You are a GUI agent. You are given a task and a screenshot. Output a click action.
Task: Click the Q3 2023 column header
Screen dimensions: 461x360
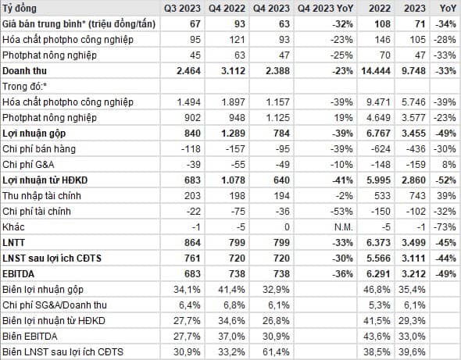point(182,9)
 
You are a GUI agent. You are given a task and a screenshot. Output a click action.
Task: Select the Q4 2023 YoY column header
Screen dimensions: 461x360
point(325,9)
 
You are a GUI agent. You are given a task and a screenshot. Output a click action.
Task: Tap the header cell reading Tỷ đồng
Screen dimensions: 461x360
point(20,9)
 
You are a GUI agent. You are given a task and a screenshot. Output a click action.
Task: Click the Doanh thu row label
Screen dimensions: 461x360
point(24,71)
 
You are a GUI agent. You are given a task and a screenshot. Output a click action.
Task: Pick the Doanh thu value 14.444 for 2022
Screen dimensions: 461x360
point(376,71)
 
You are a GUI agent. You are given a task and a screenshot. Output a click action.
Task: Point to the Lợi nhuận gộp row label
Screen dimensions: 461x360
point(34,134)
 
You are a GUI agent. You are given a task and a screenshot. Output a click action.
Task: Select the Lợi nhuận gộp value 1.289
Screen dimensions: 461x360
point(233,134)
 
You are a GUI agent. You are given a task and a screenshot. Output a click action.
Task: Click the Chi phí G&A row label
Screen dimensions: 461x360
point(28,165)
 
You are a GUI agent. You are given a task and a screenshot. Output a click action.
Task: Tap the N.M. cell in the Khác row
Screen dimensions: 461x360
point(343,227)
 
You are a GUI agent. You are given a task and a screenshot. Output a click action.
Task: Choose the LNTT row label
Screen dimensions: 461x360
point(13,243)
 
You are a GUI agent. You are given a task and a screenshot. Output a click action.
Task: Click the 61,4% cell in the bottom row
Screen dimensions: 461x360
point(276,351)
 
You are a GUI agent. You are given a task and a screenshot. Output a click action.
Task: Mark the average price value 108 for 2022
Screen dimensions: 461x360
point(382,24)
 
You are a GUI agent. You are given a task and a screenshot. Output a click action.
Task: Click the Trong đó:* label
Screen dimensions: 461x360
point(25,87)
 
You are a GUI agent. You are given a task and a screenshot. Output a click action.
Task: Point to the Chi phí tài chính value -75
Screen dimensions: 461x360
point(235,212)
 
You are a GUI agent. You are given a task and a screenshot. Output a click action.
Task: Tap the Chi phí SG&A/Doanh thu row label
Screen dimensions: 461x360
point(55,305)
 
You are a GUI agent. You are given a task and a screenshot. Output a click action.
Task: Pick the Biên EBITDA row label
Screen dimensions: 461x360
point(30,337)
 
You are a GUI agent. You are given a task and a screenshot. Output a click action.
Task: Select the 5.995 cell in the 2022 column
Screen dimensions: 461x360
point(379,180)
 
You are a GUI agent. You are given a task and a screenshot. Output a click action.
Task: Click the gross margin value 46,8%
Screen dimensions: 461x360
point(377,290)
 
